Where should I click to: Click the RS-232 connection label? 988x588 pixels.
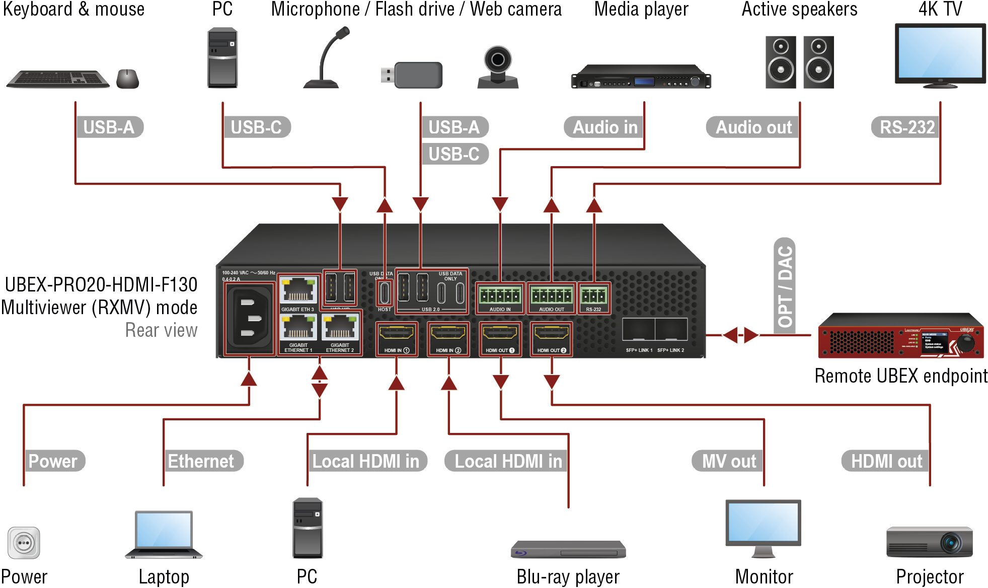pos(906,127)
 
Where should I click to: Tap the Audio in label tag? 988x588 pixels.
pos(604,127)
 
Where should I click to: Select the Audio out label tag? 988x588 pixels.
pos(753,127)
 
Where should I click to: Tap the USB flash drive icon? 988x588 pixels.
pos(413,75)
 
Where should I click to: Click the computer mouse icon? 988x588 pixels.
pos(127,79)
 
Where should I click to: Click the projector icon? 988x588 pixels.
pos(929,542)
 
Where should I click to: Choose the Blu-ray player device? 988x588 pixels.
pos(568,549)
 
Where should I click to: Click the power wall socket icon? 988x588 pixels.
pos(24,543)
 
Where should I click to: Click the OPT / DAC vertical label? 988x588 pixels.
pos(785,285)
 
